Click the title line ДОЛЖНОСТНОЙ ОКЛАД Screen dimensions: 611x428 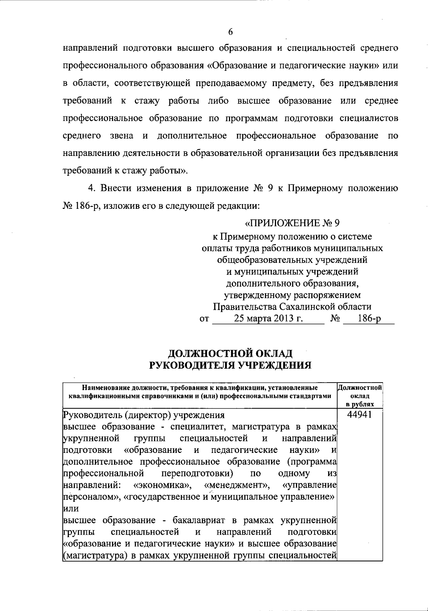click(230, 353)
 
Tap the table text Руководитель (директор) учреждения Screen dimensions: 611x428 click(144, 415)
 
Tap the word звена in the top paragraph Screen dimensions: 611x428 click(122, 136)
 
